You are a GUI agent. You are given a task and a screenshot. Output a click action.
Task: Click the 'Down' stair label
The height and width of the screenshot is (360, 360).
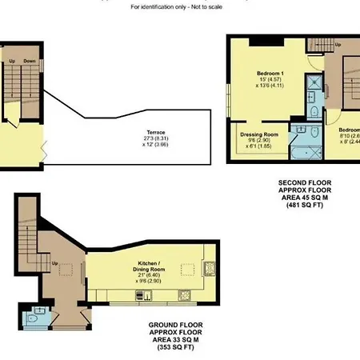pyautogui.click(x=30, y=60)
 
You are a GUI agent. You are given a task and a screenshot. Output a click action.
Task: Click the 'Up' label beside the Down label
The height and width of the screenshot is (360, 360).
pyautogui.click(x=12, y=60)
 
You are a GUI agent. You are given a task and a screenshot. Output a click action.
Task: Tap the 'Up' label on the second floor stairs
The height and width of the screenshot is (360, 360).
pyautogui.click(x=338, y=43)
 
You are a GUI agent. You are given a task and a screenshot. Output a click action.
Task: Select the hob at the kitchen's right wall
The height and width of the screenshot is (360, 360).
pyautogui.click(x=211, y=268)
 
